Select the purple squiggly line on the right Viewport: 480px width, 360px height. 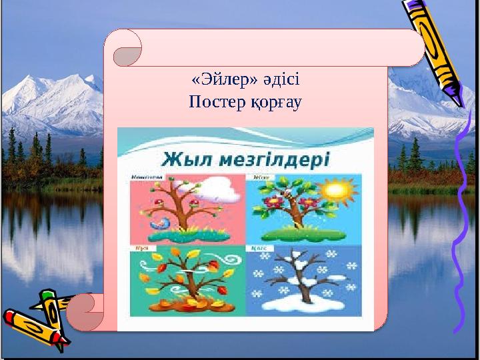[460, 220]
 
